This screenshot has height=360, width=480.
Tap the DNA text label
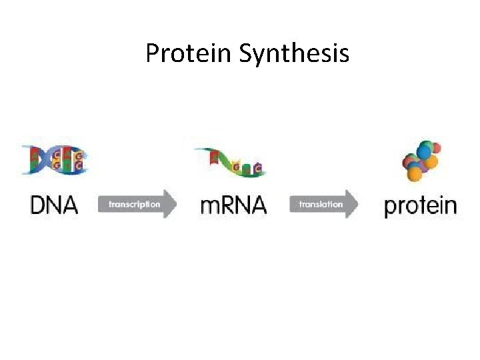click(x=54, y=205)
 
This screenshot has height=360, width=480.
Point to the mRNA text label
click(x=233, y=205)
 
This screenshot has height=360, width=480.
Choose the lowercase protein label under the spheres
click(x=421, y=206)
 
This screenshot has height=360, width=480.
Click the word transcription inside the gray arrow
click(x=134, y=204)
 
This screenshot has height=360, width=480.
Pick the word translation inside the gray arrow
click(x=321, y=204)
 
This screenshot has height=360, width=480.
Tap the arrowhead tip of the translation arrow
click(x=358, y=204)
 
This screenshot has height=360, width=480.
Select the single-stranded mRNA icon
click(x=230, y=162)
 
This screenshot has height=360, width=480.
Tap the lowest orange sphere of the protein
click(x=415, y=175)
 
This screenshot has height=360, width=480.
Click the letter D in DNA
click(x=39, y=205)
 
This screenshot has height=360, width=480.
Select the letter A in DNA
click(x=69, y=205)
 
